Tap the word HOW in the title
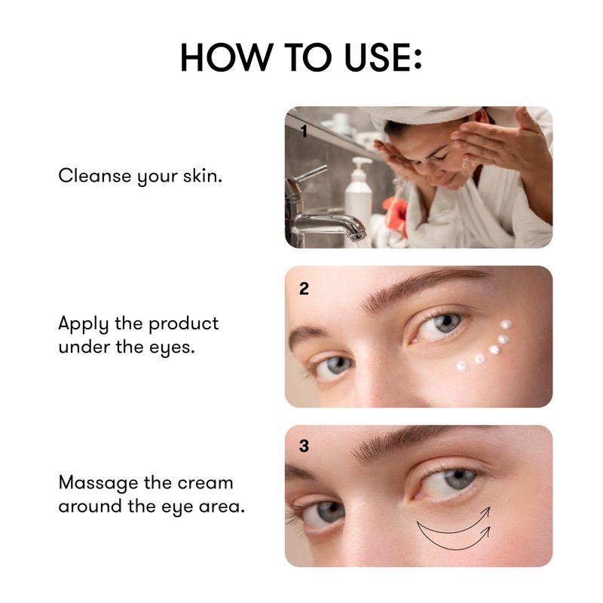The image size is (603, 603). click(x=227, y=57)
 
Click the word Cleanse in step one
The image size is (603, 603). click(x=95, y=176)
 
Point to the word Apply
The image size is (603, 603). click(x=83, y=325)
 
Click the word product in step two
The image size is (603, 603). click(x=183, y=324)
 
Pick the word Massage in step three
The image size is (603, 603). click(x=98, y=484)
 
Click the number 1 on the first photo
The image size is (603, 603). click(x=305, y=131)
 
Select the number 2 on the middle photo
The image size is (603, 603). click(x=304, y=289)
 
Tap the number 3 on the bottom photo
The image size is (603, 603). click(x=304, y=445)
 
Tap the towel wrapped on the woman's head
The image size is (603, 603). click(x=423, y=115)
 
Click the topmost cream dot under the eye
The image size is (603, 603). click(x=506, y=324)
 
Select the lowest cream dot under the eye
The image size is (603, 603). click(x=462, y=366)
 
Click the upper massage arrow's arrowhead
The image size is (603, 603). click(x=486, y=513)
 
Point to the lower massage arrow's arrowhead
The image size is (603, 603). click(x=486, y=532)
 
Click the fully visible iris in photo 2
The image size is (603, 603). click(x=446, y=323)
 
